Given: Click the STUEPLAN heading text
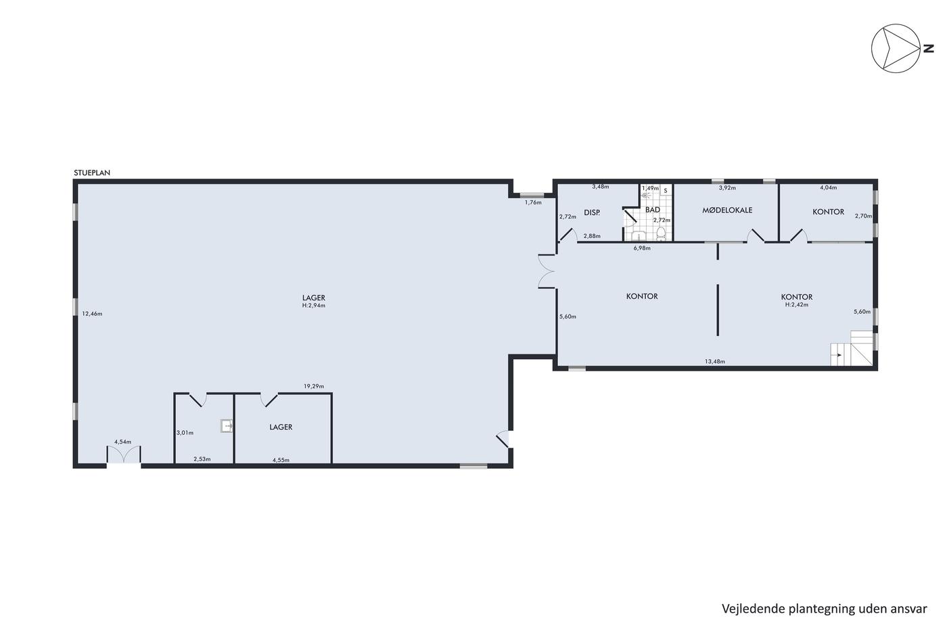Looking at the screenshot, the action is [x=92, y=173].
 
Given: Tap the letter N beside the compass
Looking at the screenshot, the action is [x=928, y=49].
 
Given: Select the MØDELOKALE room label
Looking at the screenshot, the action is [x=727, y=210].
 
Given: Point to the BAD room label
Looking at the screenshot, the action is [x=652, y=210].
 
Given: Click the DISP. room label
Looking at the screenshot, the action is [x=592, y=212].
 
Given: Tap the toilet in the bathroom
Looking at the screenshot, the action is [x=660, y=233].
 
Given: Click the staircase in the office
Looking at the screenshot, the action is [x=852, y=348].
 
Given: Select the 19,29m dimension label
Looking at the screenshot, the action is [x=314, y=386].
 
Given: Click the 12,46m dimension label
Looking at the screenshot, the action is [x=92, y=314].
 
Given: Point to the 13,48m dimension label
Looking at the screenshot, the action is [x=715, y=361].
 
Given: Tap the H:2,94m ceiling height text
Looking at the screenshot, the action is [x=314, y=305].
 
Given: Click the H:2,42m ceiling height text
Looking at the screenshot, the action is [x=797, y=304].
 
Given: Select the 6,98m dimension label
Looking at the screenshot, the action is [x=642, y=248].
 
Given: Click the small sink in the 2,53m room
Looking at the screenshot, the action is [x=227, y=425].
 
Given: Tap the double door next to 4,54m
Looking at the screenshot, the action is [x=123, y=454].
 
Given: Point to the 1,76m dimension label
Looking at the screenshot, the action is [x=533, y=202].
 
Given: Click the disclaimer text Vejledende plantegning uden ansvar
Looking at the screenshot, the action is [x=825, y=609].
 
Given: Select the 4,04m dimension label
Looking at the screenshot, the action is [x=828, y=187].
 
